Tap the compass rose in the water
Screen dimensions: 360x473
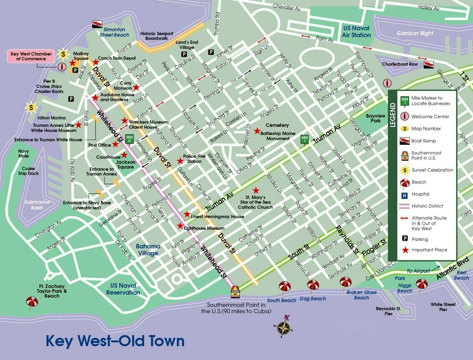tap(283, 327)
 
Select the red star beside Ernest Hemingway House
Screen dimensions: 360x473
tap(187, 214)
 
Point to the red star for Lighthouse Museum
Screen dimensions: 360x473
tap(180, 226)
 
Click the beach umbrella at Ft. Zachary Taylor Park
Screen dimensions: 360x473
tap(32, 302)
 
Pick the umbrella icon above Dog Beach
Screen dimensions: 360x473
tap(313, 285)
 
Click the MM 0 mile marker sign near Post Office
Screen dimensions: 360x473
tap(129, 138)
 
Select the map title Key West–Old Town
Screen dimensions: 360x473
tap(115, 341)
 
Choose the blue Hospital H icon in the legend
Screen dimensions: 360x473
tap(404, 194)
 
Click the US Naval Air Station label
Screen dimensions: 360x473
tap(356, 32)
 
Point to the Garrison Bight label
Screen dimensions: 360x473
tap(415, 33)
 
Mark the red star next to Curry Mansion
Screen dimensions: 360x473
tap(136, 87)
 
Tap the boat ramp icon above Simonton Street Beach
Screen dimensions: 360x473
tap(97, 24)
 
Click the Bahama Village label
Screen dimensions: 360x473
tap(148, 250)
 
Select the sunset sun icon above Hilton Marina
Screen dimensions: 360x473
tap(31, 107)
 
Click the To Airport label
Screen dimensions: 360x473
tap(419, 271)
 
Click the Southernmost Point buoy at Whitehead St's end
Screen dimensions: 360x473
tap(235, 292)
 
